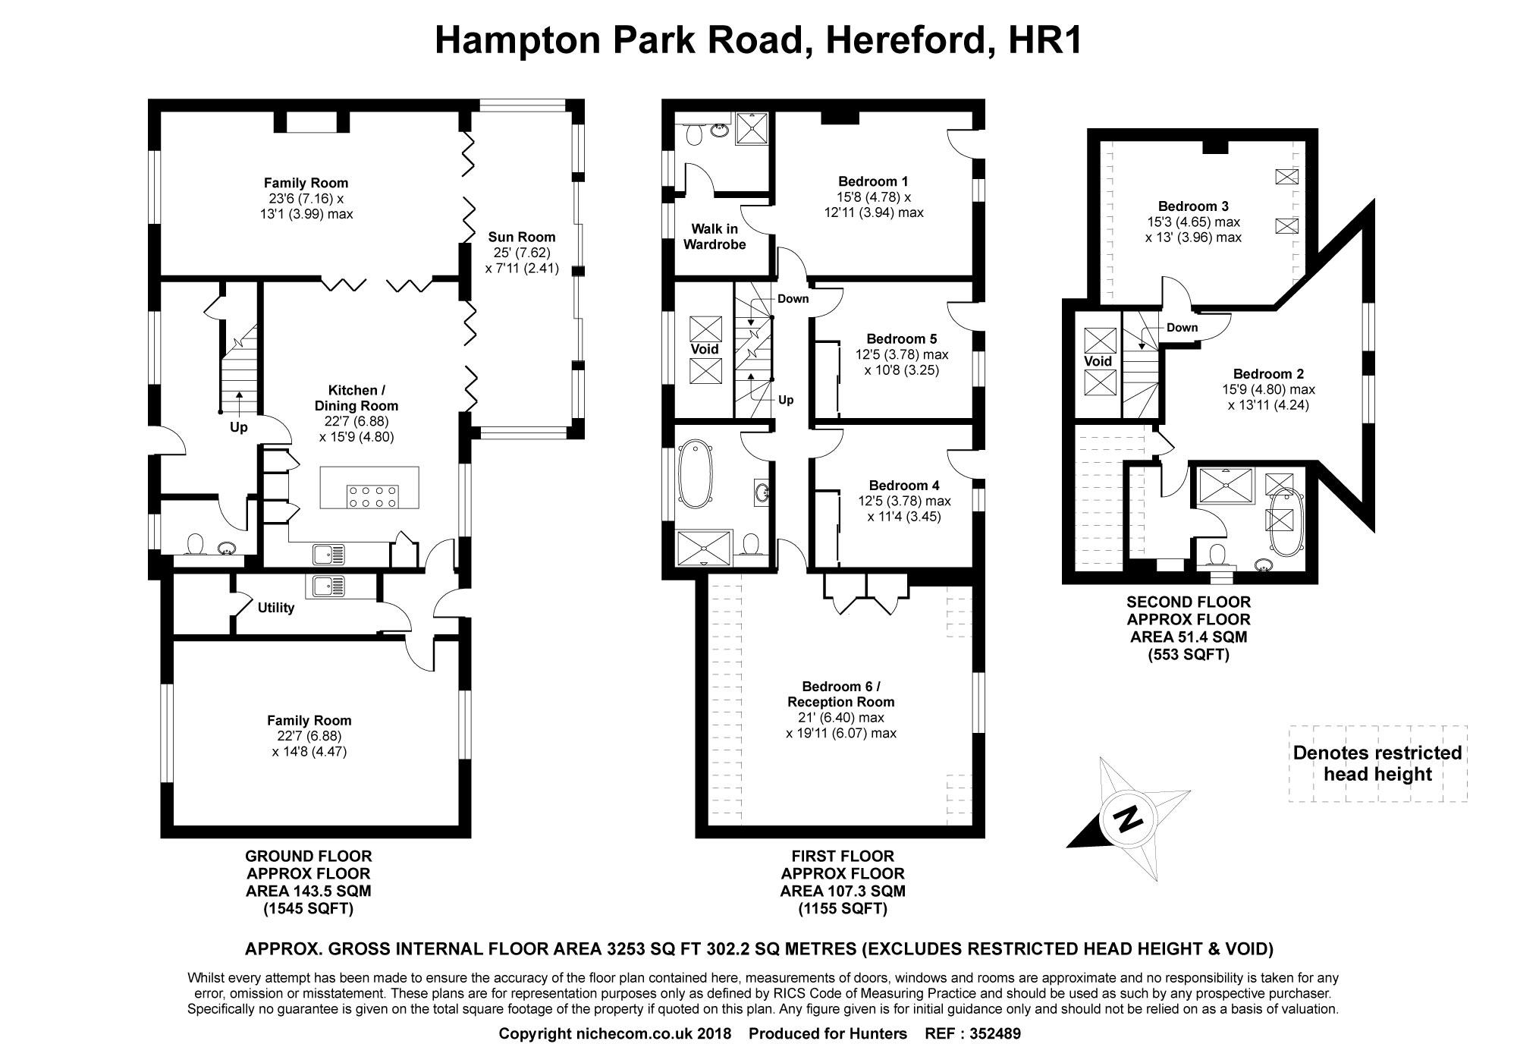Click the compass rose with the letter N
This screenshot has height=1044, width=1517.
pos(1128,819)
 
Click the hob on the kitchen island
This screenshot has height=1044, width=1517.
pos(372,495)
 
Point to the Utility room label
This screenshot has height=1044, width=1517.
pos(275,608)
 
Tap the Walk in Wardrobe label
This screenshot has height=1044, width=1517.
pos(714,237)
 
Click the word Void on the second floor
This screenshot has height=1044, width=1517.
pos(1097,361)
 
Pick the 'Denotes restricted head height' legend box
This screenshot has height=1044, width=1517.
pos(1377,763)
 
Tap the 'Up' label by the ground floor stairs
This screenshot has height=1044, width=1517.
pos(238,427)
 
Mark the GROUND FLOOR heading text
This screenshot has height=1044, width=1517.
pos(309,857)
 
